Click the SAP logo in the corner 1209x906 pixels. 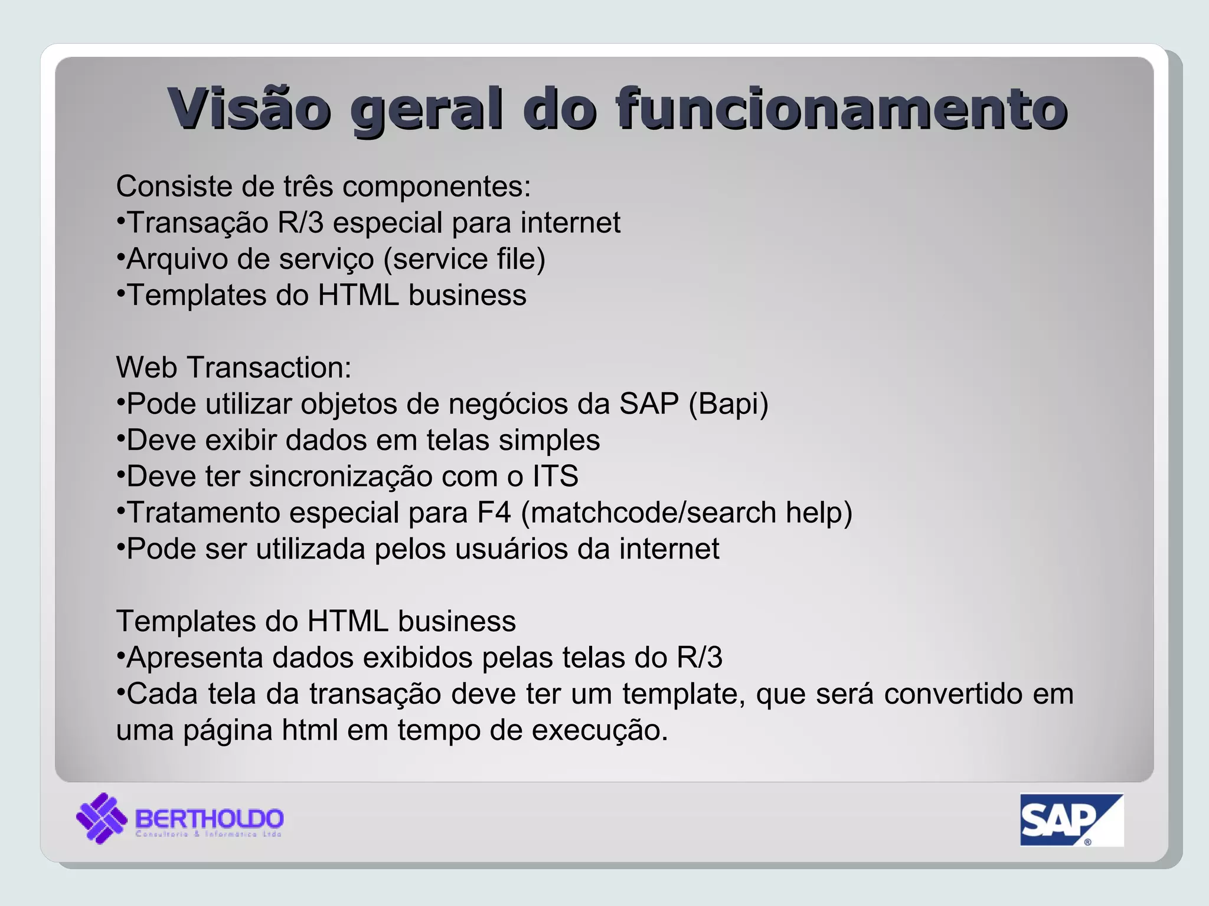point(1071,819)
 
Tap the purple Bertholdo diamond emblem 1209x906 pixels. point(102,818)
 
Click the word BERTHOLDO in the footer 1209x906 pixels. point(210,818)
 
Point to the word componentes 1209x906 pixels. point(436,187)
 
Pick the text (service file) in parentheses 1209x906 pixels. point(465,260)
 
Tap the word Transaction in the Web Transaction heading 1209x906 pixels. point(269,367)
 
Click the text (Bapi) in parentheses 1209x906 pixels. point(728,405)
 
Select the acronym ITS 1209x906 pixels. point(556,477)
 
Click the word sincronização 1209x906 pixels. point(341,477)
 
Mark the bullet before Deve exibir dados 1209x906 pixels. point(120,438)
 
